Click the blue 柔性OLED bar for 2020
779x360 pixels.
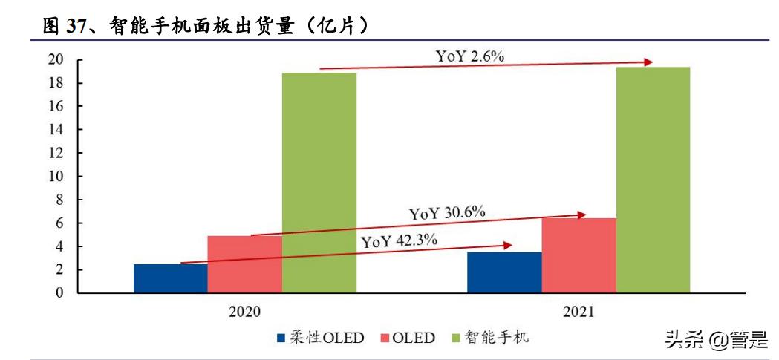tap(170, 278)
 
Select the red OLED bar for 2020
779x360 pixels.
tap(244, 264)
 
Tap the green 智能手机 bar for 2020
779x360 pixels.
tap(319, 183)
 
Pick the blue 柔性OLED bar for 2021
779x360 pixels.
tap(504, 272)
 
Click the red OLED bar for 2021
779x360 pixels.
tap(578, 255)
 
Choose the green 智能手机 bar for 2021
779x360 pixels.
tap(653, 180)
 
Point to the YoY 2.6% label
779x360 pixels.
tap(469, 56)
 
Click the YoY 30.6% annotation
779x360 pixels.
tap(447, 213)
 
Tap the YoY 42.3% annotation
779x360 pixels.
tap(399, 240)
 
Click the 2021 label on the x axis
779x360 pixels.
tap(578, 312)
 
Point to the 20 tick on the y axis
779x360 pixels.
tap(56, 59)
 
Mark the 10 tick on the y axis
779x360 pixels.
tap(56, 177)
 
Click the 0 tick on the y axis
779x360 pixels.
tap(59, 293)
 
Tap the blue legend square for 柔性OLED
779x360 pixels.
tap(281, 338)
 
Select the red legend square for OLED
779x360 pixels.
tap(383, 338)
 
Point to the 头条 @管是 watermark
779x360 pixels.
tap(714, 339)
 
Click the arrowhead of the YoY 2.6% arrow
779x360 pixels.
tap(649, 62)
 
